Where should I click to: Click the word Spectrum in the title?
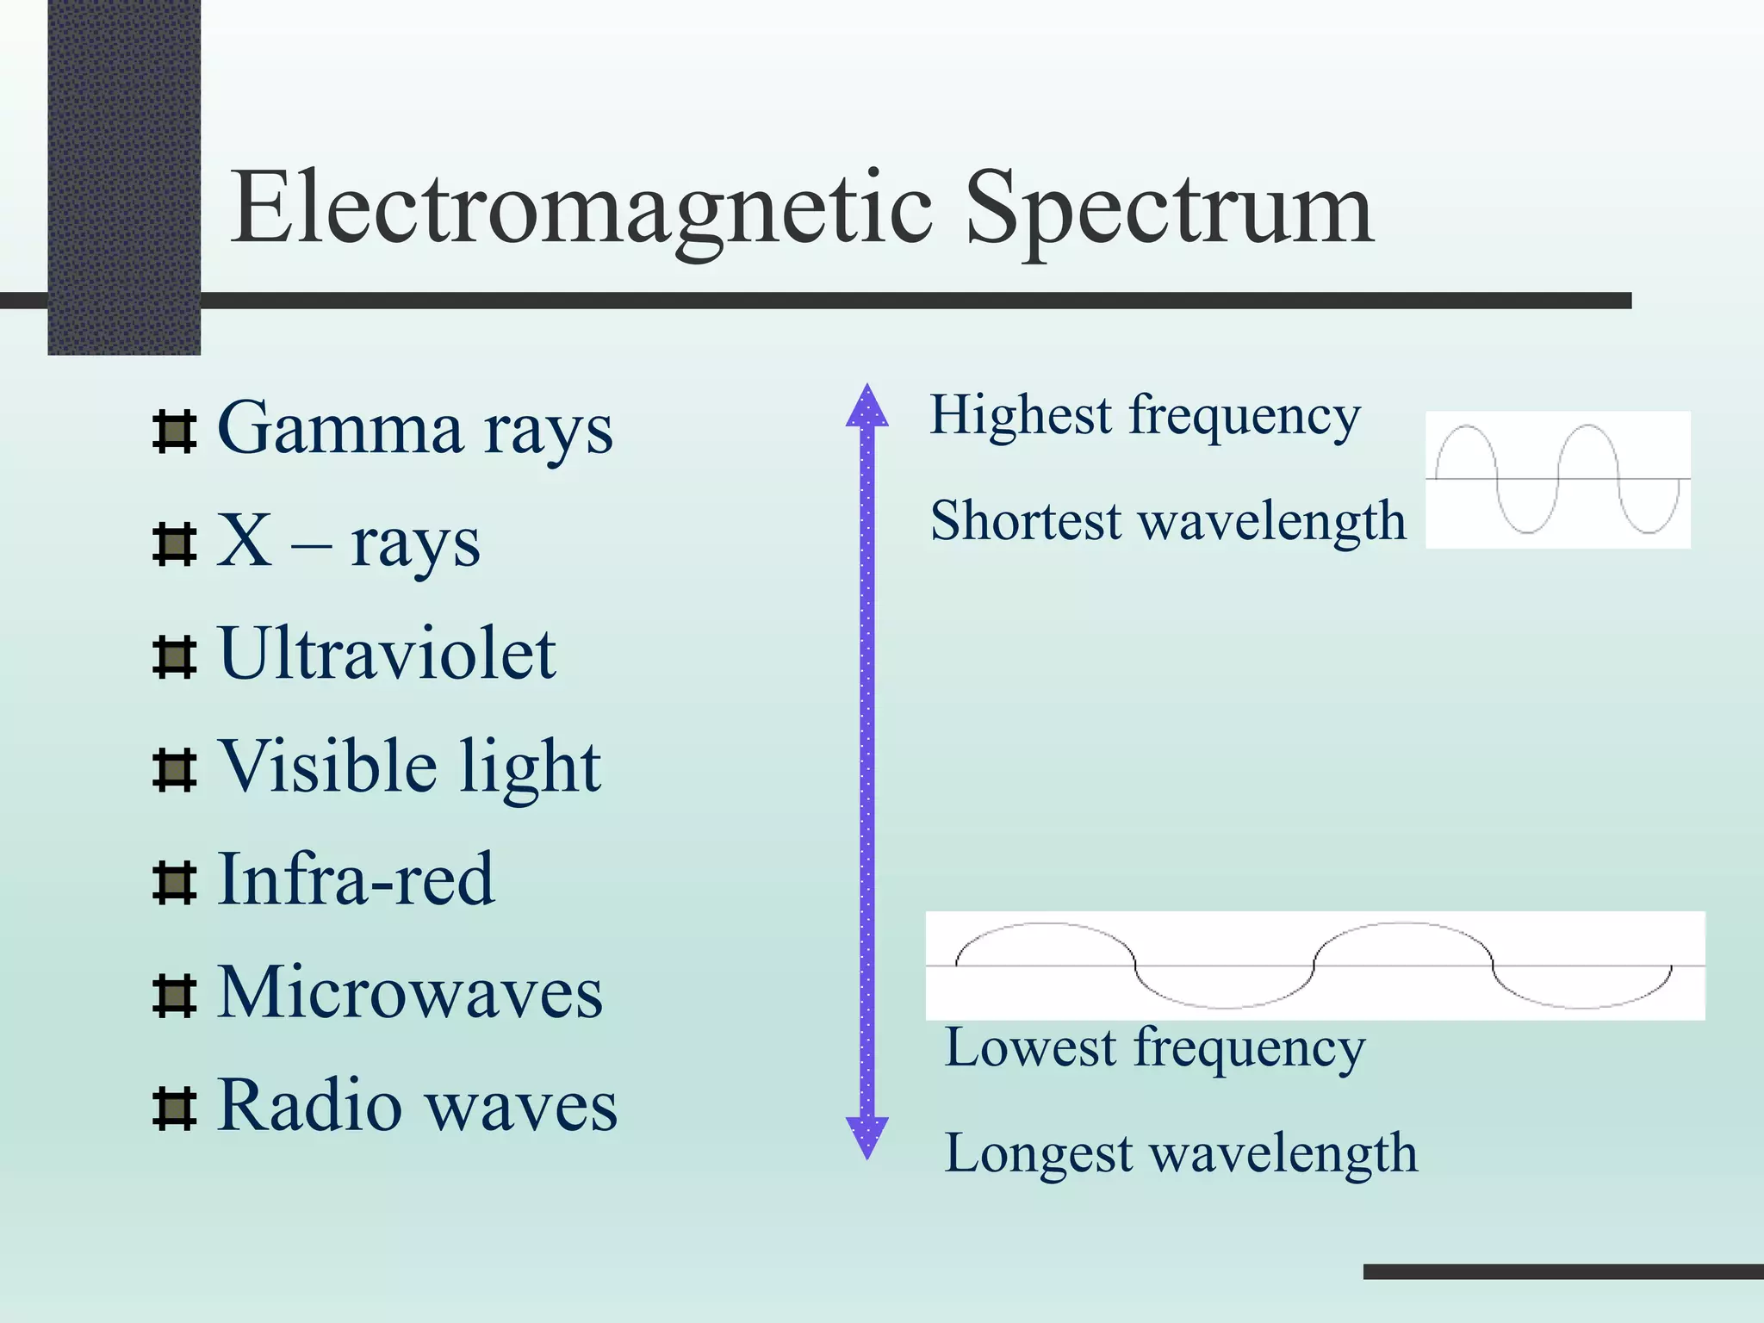point(1169,209)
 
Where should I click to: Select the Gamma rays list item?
point(414,428)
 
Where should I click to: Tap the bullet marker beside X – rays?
point(174,543)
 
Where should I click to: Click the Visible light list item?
point(408,766)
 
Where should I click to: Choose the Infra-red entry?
point(355,879)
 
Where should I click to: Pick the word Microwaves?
point(409,992)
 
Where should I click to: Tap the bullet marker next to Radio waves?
point(174,1107)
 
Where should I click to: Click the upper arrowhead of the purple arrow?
point(866,407)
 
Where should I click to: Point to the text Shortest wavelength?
point(1167,522)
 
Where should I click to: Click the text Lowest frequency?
point(1154,1049)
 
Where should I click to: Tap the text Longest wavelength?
point(1180,1154)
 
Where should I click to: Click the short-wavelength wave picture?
point(1557,479)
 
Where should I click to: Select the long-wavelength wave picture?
point(1314,966)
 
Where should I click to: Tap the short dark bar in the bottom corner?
point(1562,1271)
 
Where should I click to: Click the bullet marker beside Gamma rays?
point(174,432)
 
